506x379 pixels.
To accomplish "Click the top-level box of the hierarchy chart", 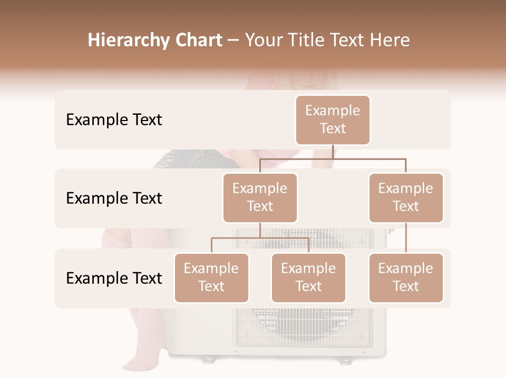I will click(333, 120).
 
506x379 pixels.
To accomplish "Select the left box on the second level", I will click(260, 198).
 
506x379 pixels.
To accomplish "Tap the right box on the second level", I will click(406, 198).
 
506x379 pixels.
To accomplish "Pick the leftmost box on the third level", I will click(211, 278).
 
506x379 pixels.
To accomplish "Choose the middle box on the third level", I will click(308, 278).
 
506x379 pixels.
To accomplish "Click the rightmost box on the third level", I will click(406, 278).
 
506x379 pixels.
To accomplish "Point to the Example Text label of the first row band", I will click(114, 120).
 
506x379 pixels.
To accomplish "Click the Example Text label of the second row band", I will click(114, 198).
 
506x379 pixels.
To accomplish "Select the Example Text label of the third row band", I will click(114, 278).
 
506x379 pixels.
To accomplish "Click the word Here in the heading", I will click(389, 41).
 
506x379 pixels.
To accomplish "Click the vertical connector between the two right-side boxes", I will click(406, 238).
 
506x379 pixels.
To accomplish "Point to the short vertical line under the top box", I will click(333, 152).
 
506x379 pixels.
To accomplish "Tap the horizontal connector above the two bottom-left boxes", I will click(260, 238).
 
